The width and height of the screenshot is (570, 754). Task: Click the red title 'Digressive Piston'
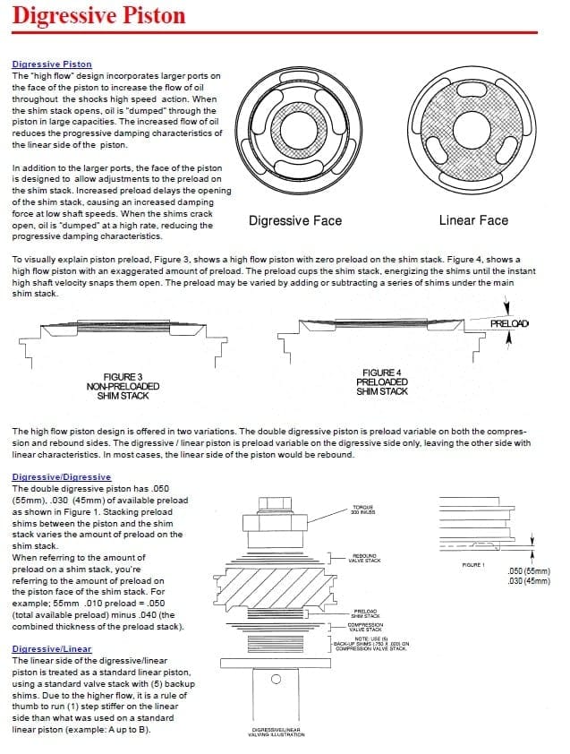98,15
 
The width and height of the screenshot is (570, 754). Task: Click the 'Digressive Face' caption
294,220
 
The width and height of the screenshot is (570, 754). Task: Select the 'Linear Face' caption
473,220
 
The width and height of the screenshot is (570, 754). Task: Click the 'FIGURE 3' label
123,377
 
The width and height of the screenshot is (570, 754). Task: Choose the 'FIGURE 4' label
382,373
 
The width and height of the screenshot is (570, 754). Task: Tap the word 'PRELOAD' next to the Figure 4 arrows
510,322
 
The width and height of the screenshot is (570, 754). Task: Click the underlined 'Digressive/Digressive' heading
62,477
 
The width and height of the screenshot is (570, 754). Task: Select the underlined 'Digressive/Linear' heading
52,648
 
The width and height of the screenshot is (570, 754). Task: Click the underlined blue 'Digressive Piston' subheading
52,64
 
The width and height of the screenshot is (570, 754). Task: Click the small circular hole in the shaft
276,679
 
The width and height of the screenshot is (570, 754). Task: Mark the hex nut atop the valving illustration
276,502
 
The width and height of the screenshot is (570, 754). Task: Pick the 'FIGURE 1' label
473,565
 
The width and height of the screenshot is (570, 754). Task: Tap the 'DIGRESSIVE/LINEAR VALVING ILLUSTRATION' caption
276,733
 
